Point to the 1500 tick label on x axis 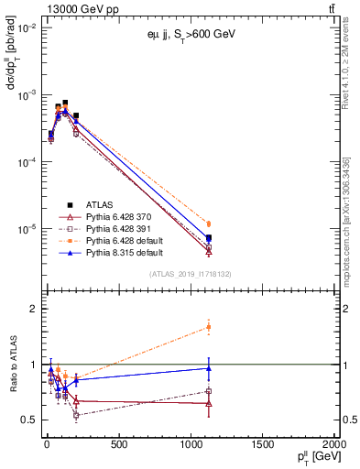point(263,445)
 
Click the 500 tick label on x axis point(118,445)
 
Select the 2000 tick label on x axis point(334,445)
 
